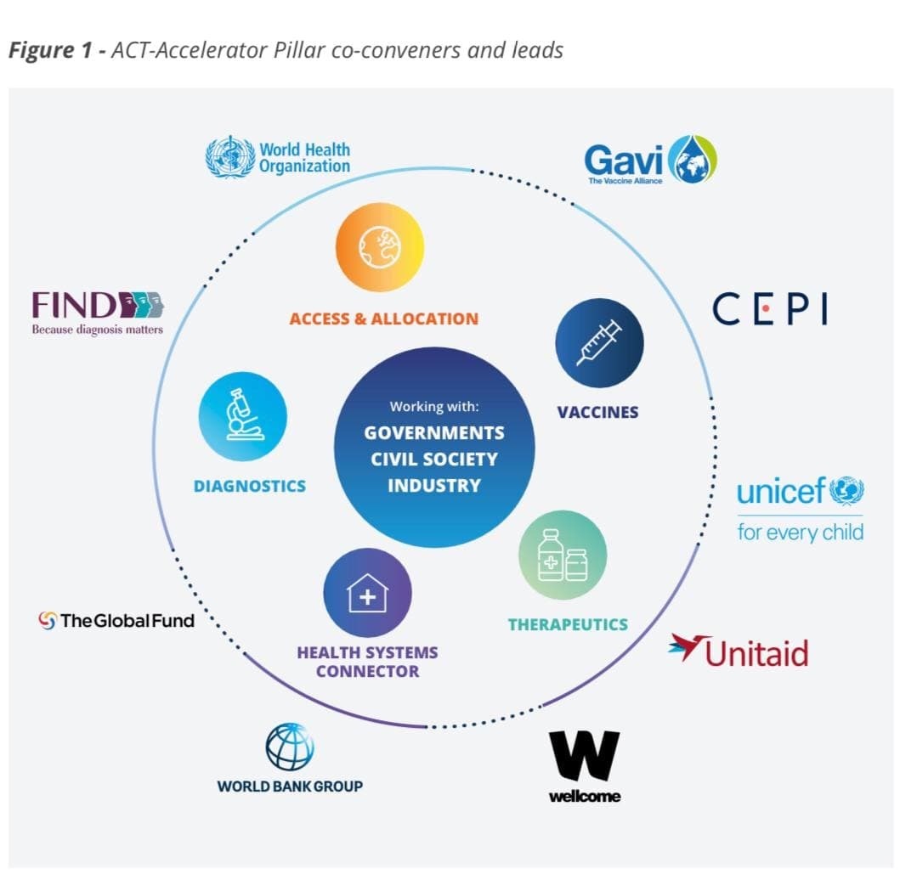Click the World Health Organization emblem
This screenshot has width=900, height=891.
pos(230,157)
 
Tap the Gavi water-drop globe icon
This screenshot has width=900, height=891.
pos(693,159)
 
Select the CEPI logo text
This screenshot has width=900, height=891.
pos(770,309)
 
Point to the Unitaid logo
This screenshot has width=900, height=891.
pos(739,652)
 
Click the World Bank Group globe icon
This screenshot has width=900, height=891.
pos(290,747)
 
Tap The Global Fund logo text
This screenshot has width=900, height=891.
pos(127,621)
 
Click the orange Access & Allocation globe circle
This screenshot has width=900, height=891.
pos(379,250)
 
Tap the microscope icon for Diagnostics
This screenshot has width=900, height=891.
pos(242,416)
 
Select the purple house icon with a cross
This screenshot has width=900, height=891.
pos(367,593)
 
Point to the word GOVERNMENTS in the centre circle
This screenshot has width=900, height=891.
pos(434,433)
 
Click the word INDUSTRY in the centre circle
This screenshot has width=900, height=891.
pos(434,486)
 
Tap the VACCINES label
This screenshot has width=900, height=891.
pos(597,413)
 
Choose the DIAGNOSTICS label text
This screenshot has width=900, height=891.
pos(250,487)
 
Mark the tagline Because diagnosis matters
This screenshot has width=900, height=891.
pos(97,330)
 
